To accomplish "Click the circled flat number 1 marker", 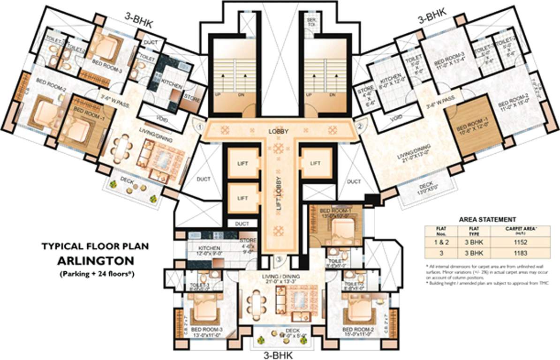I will [199, 126].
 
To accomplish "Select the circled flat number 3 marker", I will [279, 258].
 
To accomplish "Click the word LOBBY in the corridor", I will [278, 131].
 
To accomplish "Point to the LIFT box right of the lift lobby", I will [316, 163].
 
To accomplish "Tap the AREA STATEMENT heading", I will [487, 219].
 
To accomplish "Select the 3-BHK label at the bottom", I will [279, 355].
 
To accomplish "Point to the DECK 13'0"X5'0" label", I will [426, 188].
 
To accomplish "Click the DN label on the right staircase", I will [333, 94].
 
